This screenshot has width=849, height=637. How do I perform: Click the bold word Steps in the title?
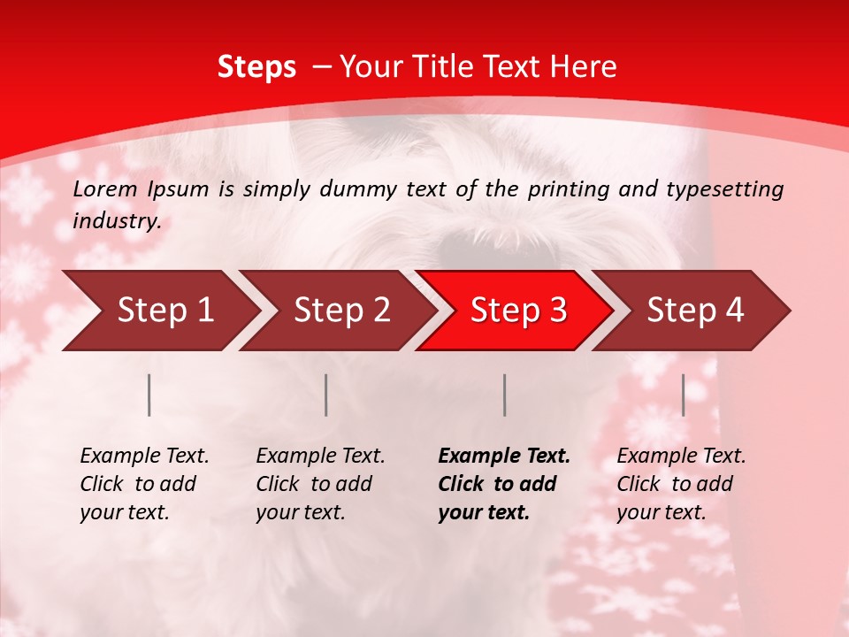(256, 67)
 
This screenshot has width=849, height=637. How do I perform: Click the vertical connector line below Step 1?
(149, 395)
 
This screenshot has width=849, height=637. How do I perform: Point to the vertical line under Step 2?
(326, 395)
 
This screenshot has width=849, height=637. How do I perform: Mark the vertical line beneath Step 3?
(504, 395)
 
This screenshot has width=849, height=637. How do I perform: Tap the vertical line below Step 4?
(684, 395)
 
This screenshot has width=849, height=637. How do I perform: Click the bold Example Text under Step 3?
(504, 484)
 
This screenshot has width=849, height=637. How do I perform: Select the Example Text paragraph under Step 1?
(144, 484)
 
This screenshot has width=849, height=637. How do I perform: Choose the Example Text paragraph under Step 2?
(320, 484)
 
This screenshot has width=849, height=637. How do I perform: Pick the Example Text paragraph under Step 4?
(681, 484)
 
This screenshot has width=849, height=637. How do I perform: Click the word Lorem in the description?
(105, 188)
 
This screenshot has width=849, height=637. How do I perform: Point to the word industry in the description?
(116, 221)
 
